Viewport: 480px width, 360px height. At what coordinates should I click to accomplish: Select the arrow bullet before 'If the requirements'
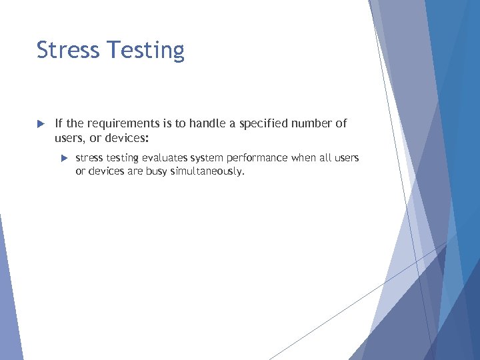[x=40, y=124]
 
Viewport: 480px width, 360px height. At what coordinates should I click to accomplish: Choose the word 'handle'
[x=209, y=123]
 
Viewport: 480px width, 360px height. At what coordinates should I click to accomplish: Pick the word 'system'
[x=207, y=159]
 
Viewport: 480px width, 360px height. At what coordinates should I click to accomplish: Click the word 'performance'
[x=257, y=159]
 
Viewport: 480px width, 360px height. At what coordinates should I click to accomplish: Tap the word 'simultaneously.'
[x=208, y=172]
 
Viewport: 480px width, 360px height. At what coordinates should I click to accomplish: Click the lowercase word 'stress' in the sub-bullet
[x=89, y=159]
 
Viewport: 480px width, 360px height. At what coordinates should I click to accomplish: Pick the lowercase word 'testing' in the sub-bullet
[x=124, y=159]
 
